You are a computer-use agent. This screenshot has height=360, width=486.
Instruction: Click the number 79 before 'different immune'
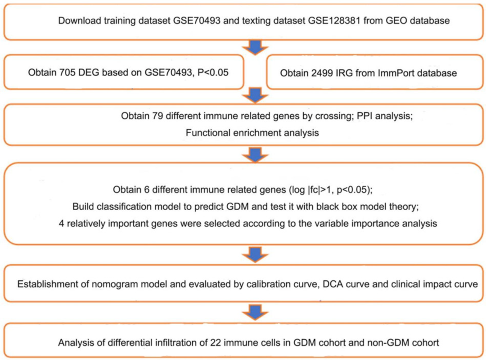[x=157, y=116]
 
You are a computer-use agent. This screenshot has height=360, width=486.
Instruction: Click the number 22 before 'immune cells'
[x=216, y=342]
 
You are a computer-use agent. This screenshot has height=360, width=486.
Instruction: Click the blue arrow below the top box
[x=255, y=47]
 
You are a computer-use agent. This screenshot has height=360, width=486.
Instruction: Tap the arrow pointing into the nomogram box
[x=255, y=254]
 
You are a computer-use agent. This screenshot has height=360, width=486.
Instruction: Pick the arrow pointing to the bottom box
[x=255, y=312]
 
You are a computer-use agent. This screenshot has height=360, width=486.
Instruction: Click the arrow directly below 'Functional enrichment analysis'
[x=255, y=154]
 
